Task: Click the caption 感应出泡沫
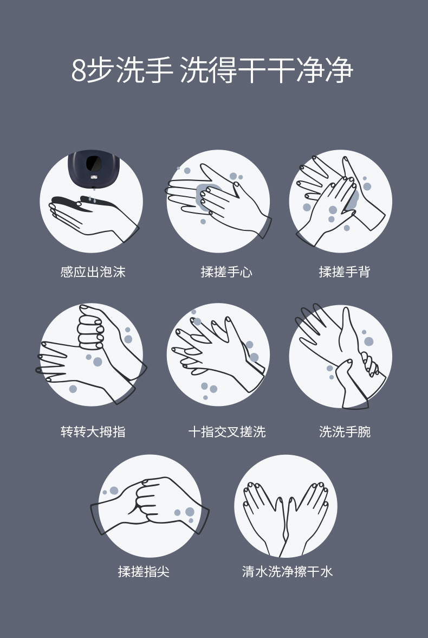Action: (x=93, y=272)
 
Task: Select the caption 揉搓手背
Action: (x=345, y=272)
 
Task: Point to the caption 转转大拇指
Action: (x=93, y=431)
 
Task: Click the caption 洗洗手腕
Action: (x=345, y=431)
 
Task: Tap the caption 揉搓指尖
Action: (x=144, y=571)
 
